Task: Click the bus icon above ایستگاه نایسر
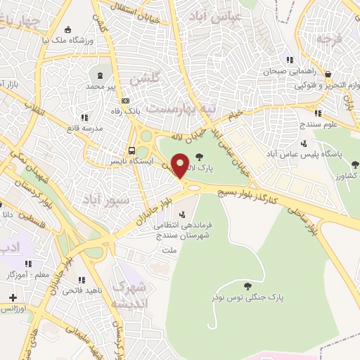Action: click(x=131, y=150)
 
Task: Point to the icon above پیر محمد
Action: click(x=100, y=74)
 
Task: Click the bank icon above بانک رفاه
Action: click(x=125, y=100)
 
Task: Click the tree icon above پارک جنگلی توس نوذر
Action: click(x=247, y=285)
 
